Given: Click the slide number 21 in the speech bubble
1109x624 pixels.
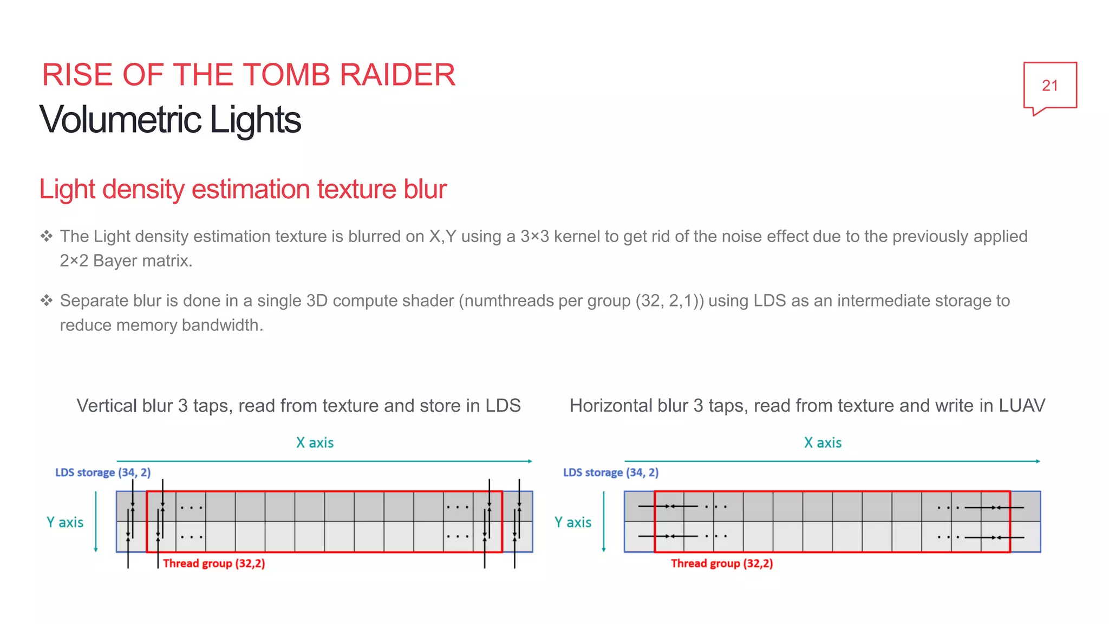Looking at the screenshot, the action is click(x=1049, y=86).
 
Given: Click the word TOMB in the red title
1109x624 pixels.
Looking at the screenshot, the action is click(x=290, y=75).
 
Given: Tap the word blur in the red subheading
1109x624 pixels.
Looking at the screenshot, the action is click(x=425, y=190).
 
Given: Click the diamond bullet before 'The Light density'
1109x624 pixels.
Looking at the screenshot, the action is click(x=47, y=236).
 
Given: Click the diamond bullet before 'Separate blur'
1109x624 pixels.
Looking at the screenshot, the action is click(x=47, y=301).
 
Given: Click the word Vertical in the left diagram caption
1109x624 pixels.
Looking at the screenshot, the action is click(x=107, y=406).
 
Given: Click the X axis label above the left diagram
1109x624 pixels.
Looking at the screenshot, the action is click(x=315, y=443).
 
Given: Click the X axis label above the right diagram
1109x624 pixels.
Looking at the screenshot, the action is click(x=823, y=443).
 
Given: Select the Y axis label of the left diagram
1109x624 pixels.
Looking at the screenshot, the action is click(x=65, y=523).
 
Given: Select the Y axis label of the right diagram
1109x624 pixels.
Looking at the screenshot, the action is click(x=573, y=523).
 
